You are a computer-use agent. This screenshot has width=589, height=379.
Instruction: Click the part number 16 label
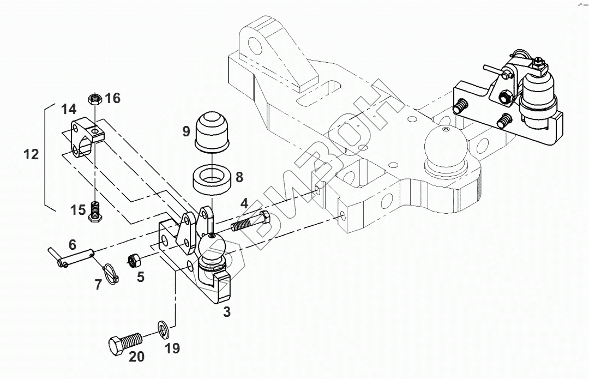click(113, 98)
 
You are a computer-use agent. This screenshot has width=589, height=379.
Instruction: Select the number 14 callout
click(69, 109)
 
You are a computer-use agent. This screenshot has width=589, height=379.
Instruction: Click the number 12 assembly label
click(31, 154)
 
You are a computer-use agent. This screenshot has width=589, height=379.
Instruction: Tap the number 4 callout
click(244, 204)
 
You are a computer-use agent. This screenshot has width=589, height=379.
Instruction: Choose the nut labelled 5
click(135, 260)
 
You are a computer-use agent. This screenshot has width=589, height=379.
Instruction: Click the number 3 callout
click(226, 312)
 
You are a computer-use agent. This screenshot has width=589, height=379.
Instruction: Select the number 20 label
click(137, 357)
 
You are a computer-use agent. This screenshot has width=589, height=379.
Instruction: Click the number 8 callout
click(239, 177)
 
